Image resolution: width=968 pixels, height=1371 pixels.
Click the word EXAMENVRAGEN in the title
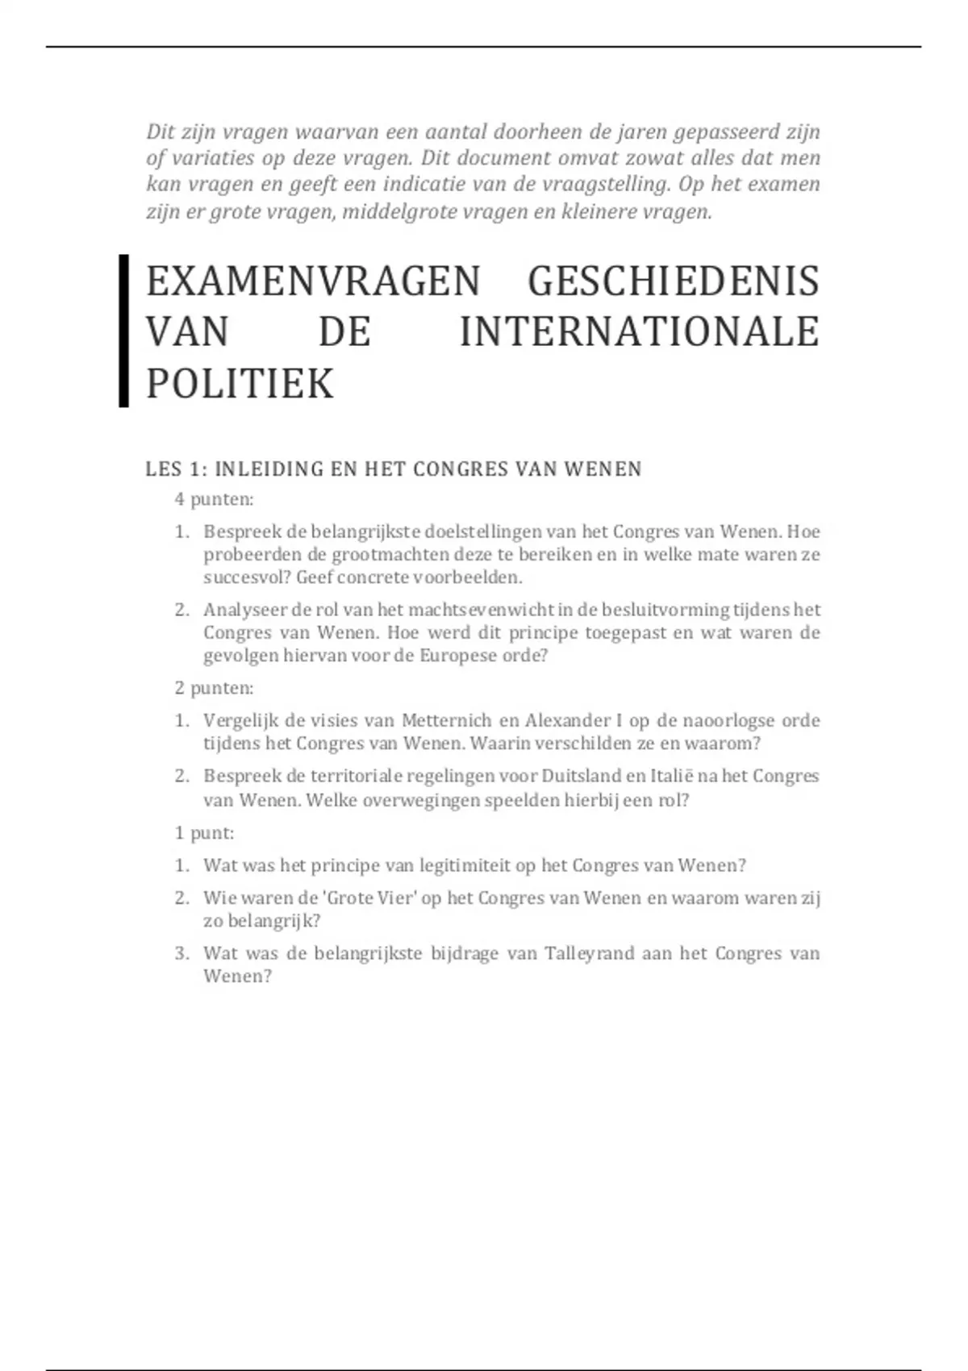click(x=312, y=281)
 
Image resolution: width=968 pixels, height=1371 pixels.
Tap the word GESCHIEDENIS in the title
click(x=673, y=281)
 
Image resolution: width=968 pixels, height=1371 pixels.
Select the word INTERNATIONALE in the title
click(x=639, y=332)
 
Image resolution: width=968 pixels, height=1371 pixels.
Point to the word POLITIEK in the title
click(x=240, y=384)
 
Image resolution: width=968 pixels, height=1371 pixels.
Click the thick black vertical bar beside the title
click(x=123, y=331)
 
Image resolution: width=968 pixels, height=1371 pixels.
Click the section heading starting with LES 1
click(x=393, y=469)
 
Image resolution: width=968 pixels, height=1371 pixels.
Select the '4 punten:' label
click(x=214, y=499)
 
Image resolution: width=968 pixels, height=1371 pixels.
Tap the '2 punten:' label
click(x=214, y=688)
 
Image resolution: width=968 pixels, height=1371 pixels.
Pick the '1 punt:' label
click(x=204, y=833)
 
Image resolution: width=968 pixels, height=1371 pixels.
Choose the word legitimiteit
click(x=465, y=865)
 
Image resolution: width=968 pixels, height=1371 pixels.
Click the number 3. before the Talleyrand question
click(x=181, y=953)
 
